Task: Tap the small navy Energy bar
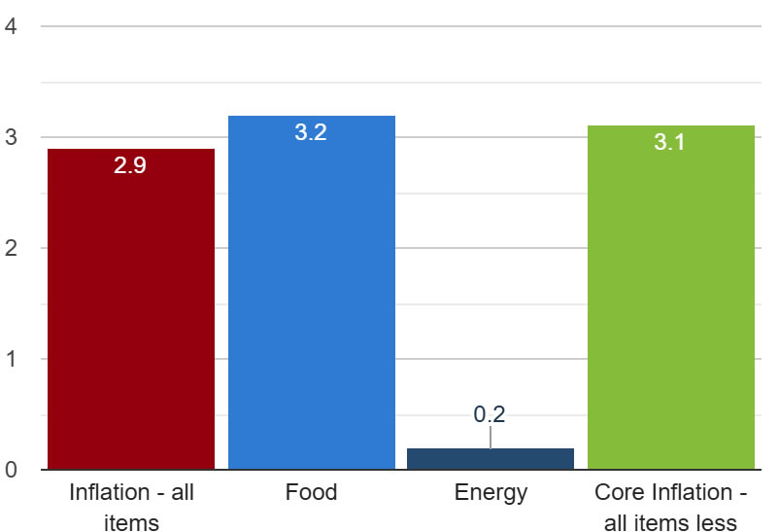tap(491, 459)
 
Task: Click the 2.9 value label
tap(130, 165)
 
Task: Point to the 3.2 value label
tap(311, 133)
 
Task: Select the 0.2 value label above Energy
tap(490, 414)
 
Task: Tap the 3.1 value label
tap(669, 143)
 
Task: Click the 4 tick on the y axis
tap(11, 26)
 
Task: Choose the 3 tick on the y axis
tap(11, 137)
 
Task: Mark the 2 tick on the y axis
tap(11, 248)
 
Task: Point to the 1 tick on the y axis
tap(11, 359)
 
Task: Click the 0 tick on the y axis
tap(11, 470)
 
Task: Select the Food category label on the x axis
tap(311, 492)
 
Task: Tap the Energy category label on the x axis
tap(491, 492)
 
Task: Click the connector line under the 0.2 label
tap(491, 438)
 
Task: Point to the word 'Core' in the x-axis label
tap(617, 492)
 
